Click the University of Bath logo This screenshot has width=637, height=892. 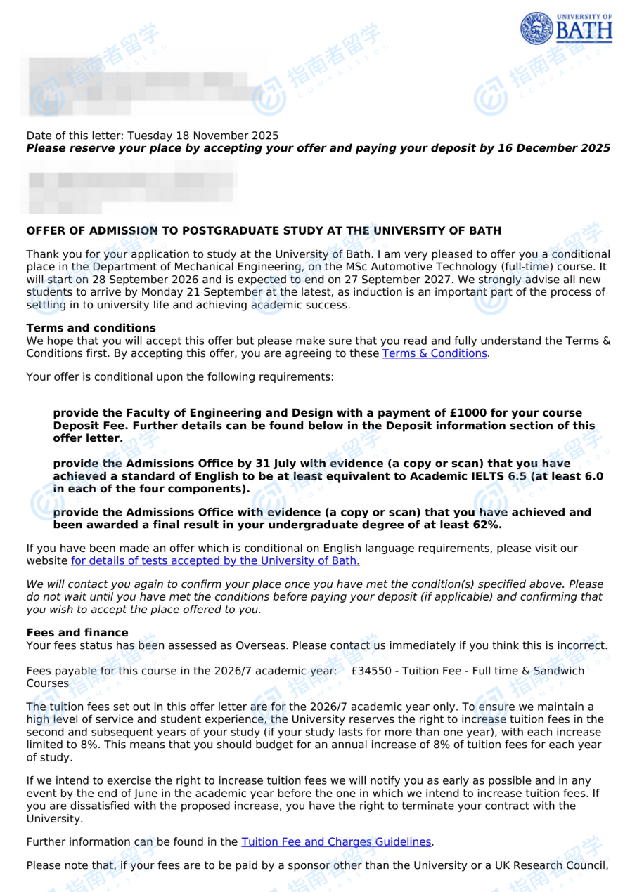566,28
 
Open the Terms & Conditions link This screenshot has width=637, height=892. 435,353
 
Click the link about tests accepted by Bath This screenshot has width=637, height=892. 215,560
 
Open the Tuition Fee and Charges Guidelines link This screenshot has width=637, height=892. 336,841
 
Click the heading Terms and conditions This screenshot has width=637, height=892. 91,328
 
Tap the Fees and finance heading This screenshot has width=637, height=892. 77,633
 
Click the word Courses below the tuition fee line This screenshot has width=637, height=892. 48,683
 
